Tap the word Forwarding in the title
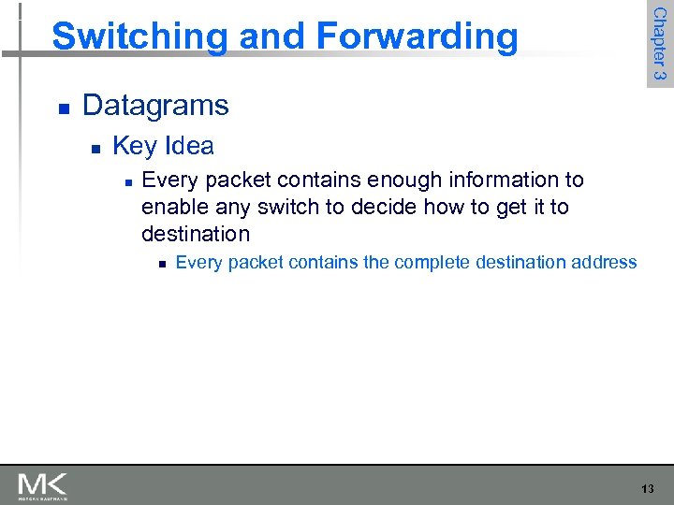pyautogui.click(x=417, y=36)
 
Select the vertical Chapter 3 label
pyautogui.click(x=659, y=43)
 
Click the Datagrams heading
pyautogui.click(x=155, y=105)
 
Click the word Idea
pyautogui.click(x=189, y=146)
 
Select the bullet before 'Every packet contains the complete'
pyautogui.click(x=161, y=265)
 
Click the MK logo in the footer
pyautogui.click(x=42, y=485)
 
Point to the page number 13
pyautogui.click(x=648, y=489)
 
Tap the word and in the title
pyautogui.click(x=270, y=36)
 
